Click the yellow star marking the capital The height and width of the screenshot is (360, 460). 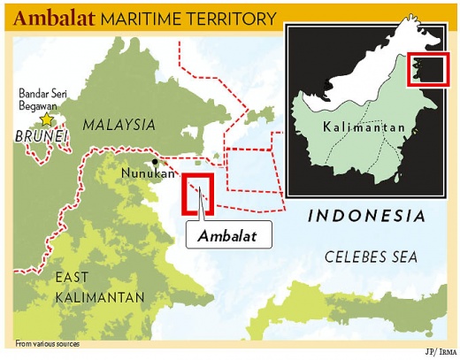click(x=47, y=119)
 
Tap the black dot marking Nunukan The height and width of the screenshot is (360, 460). click(x=155, y=162)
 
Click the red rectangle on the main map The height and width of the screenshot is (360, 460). click(x=197, y=195)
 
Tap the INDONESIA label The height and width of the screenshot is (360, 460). click(x=366, y=216)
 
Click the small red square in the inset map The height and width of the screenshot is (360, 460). click(x=421, y=70)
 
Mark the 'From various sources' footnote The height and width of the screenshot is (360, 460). click(x=48, y=343)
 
